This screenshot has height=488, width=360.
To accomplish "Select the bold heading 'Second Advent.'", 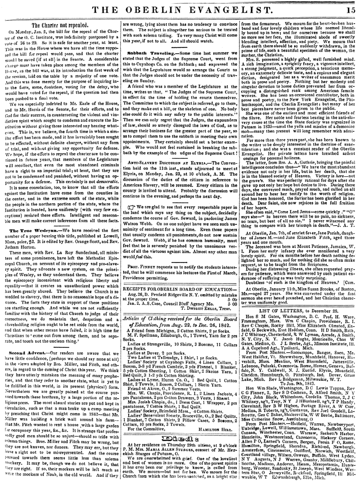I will (x=27, y=263).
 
